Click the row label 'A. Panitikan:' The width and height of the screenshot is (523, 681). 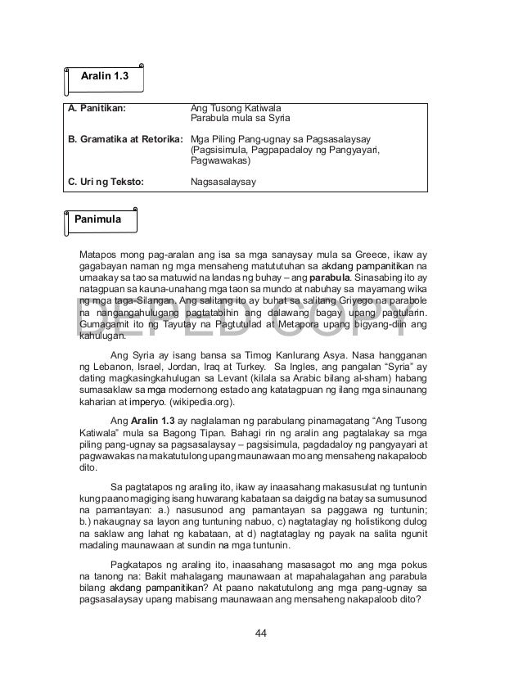[x=99, y=107]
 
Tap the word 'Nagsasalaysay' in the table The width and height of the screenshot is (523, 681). [x=223, y=182]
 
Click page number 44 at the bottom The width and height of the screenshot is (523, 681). [x=261, y=633]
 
